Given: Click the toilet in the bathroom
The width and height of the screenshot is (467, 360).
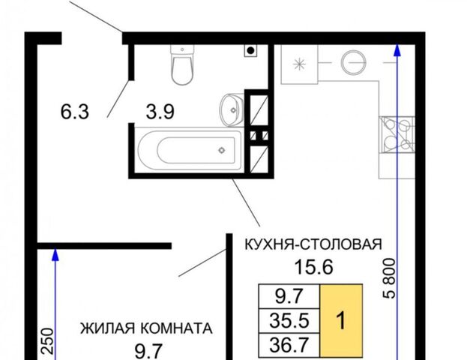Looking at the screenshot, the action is (182, 64).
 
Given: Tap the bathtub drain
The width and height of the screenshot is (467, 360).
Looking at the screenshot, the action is (222, 150).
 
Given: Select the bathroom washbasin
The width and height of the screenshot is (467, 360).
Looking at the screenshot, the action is (232, 110).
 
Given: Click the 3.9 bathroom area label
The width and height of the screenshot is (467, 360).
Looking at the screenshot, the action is (160, 112).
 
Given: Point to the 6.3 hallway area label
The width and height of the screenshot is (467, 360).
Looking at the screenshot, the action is (75, 112).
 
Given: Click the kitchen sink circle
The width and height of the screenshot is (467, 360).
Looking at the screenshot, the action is (353, 63).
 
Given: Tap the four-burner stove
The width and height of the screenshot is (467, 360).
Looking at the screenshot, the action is (397, 135).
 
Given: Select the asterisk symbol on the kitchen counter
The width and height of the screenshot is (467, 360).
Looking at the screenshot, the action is (299, 64).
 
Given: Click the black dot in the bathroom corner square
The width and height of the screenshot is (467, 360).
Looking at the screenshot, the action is (251, 51).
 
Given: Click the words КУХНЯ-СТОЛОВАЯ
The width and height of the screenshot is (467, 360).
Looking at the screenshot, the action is (313, 244).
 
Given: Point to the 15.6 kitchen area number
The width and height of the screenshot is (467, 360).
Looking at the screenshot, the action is (313, 267).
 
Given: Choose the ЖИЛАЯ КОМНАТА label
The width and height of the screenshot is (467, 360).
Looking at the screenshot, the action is (146, 328).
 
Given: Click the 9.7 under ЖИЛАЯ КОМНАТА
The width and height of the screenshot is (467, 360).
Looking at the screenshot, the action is (148, 351).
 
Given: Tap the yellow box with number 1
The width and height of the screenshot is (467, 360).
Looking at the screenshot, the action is (341, 321).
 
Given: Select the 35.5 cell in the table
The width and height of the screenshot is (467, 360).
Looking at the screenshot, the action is (289, 321).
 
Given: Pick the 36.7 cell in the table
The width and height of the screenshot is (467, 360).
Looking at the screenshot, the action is (289, 345).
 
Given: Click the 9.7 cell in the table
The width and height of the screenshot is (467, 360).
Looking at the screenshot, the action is (289, 297).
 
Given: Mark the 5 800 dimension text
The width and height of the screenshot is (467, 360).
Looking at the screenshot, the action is (389, 278).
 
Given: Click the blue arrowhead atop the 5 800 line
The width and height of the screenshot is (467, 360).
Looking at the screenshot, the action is (397, 49).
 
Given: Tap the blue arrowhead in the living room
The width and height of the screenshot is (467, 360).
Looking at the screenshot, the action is (55, 255).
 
